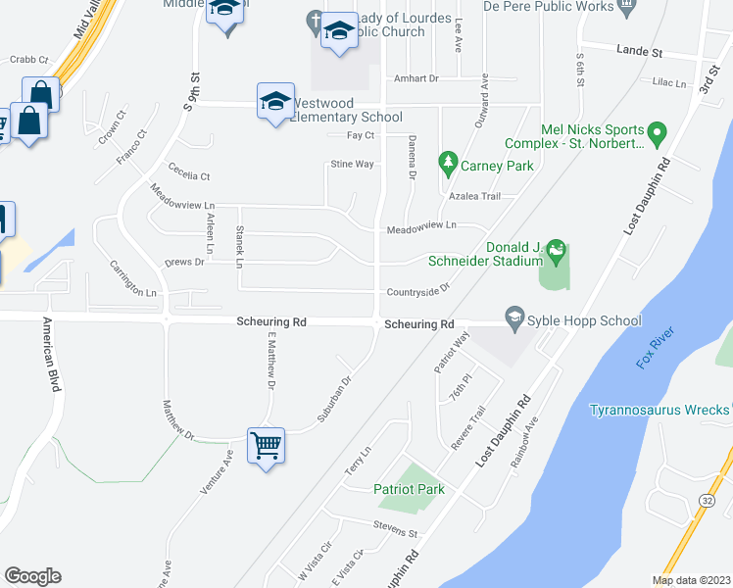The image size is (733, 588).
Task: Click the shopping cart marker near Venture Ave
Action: tap(267, 446)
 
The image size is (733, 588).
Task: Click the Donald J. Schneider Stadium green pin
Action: tap(556, 249)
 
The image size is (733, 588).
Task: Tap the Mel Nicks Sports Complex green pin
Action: tap(658, 131)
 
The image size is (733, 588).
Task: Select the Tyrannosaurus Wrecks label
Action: tap(660, 410)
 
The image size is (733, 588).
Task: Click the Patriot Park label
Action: tap(409, 489)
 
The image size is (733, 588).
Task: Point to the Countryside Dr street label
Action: tap(416, 291)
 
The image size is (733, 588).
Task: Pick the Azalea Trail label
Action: tap(474, 196)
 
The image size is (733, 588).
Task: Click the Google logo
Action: tap(32, 575)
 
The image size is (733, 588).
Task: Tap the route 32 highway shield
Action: tap(706, 501)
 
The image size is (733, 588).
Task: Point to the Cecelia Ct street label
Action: tap(189, 175)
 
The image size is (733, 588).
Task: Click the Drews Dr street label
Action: tap(184, 262)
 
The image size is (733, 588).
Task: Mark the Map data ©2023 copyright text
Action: tap(690, 580)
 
